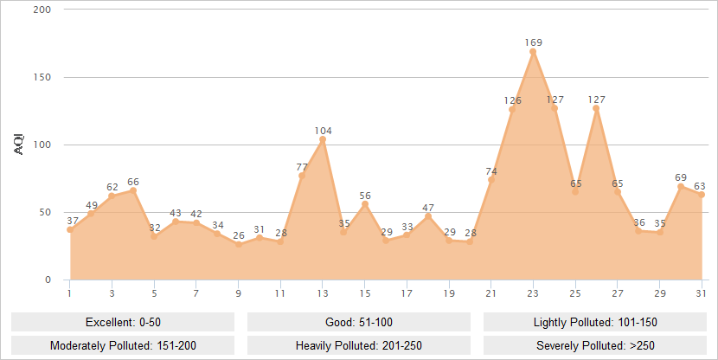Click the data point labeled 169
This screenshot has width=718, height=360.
click(x=533, y=52)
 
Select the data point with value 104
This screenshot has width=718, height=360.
click(x=323, y=139)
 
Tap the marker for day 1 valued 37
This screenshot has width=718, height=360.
click(x=70, y=229)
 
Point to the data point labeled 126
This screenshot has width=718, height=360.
click(x=512, y=109)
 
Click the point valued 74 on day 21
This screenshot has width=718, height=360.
click(x=491, y=180)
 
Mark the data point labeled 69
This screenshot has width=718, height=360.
click(x=681, y=186)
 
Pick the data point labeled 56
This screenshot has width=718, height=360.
click(x=365, y=204)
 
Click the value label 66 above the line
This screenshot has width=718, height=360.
click(x=133, y=182)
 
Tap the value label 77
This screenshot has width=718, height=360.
click(x=302, y=166)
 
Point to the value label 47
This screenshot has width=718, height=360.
click(x=428, y=208)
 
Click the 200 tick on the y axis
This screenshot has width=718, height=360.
click(x=42, y=10)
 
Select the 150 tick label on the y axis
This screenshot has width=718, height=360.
click(x=42, y=77)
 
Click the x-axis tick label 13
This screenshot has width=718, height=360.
click(x=323, y=293)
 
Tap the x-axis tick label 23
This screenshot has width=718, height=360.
click(x=533, y=293)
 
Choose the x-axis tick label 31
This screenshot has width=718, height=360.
click(x=702, y=293)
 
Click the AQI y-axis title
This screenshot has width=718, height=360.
click(x=20, y=145)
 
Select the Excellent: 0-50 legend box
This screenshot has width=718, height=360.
click(x=123, y=322)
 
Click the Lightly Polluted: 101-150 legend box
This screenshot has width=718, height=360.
click(x=595, y=322)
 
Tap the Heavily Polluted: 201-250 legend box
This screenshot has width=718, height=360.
click(x=359, y=345)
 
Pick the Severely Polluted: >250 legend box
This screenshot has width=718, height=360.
click(x=595, y=345)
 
